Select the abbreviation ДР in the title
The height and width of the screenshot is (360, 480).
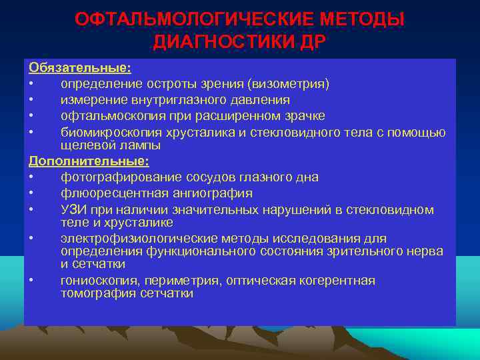click(x=312, y=42)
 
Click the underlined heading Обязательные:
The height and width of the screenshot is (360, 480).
click(x=79, y=68)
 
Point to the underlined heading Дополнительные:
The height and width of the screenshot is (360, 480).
click(x=89, y=161)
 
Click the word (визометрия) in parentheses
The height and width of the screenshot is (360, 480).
click(x=288, y=84)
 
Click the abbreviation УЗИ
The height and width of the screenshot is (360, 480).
click(x=72, y=210)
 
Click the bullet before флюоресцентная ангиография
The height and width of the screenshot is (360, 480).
click(x=31, y=194)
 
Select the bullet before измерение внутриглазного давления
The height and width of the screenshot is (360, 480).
click(x=31, y=101)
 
